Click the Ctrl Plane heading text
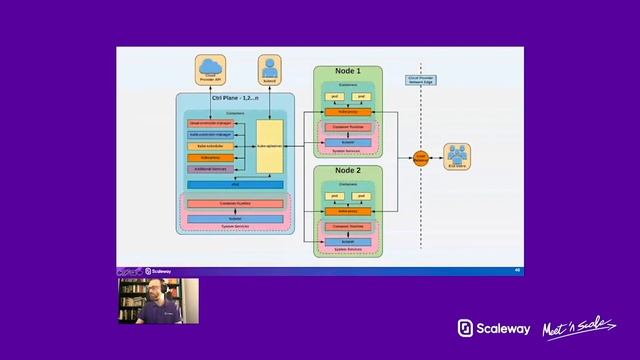(236, 99)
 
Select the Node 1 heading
(348, 73)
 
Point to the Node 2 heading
(348, 172)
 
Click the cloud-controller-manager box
(211, 122)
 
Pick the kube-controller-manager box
(211, 134)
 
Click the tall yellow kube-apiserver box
(269, 146)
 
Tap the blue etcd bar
(236, 185)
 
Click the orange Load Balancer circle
(422, 157)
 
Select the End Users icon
(457, 156)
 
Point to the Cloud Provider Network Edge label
(418, 78)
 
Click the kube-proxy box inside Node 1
(348, 111)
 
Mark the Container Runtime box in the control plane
(236, 204)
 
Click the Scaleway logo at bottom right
(493, 328)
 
